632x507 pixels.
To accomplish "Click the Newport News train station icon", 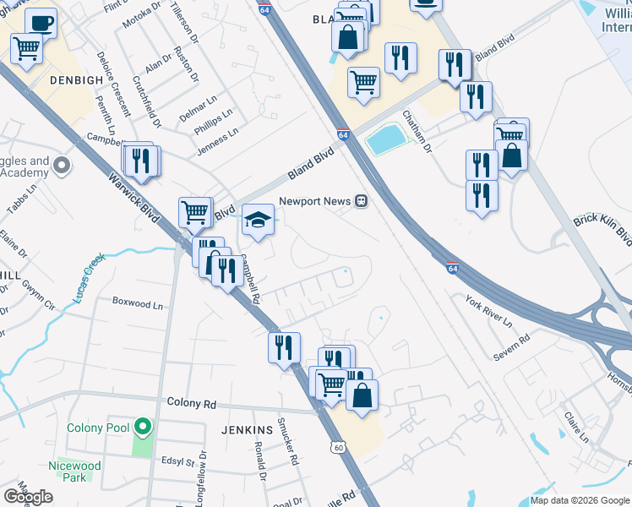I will pyautogui.click(x=361, y=201).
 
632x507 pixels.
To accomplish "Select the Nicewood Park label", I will pyautogui.click(x=75, y=472).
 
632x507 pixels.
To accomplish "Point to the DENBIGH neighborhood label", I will pyautogui.click(x=52, y=79).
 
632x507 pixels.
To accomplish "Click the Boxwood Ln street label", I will pyautogui.click(x=137, y=303).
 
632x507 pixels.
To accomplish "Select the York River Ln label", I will pyautogui.click(x=488, y=311).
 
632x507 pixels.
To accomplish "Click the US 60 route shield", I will pyautogui.click(x=338, y=446).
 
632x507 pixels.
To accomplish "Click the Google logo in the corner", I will pyautogui.click(x=28, y=496).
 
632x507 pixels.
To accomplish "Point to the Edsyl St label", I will pyautogui.click(x=178, y=462).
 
